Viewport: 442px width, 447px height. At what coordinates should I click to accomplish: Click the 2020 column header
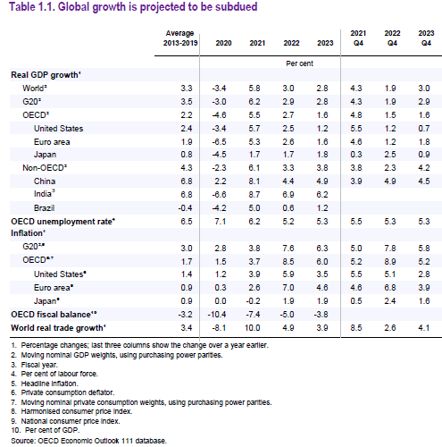[x=223, y=43]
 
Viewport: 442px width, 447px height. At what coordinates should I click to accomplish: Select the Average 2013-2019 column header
[x=180, y=38]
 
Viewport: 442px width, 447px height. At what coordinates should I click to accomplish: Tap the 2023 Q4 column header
[x=426, y=38]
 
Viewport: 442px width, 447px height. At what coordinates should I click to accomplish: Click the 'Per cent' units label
[x=299, y=63]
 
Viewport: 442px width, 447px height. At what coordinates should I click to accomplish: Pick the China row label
[x=45, y=181]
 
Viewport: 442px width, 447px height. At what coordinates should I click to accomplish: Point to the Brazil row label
[x=44, y=208]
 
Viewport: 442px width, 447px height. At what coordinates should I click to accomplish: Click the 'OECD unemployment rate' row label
[x=63, y=222]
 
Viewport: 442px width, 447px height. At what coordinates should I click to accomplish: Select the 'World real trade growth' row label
[x=58, y=328]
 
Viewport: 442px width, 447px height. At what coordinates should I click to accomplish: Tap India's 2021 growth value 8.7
[x=254, y=195]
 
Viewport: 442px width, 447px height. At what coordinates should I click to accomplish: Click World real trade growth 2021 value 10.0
[x=253, y=328]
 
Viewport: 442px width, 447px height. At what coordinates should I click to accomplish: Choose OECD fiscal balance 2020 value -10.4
[x=217, y=315]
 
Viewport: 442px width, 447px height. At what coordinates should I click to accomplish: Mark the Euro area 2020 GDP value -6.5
[x=219, y=142]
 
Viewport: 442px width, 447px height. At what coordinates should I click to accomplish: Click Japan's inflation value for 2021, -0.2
[x=253, y=301]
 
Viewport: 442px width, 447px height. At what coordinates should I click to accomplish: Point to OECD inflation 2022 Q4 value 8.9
[x=390, y=262]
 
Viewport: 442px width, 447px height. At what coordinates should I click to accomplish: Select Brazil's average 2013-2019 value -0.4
[x=185, y=208]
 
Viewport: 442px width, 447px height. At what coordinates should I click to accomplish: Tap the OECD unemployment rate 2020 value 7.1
[x=221, y=222]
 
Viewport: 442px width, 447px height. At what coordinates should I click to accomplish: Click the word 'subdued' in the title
[x=237, y=7]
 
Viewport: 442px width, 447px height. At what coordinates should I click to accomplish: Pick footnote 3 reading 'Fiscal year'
[x=34, y=365]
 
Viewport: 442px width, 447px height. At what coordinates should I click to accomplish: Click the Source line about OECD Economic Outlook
[x=88, y=441]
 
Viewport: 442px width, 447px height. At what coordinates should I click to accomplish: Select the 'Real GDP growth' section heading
[x=46, y=75]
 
